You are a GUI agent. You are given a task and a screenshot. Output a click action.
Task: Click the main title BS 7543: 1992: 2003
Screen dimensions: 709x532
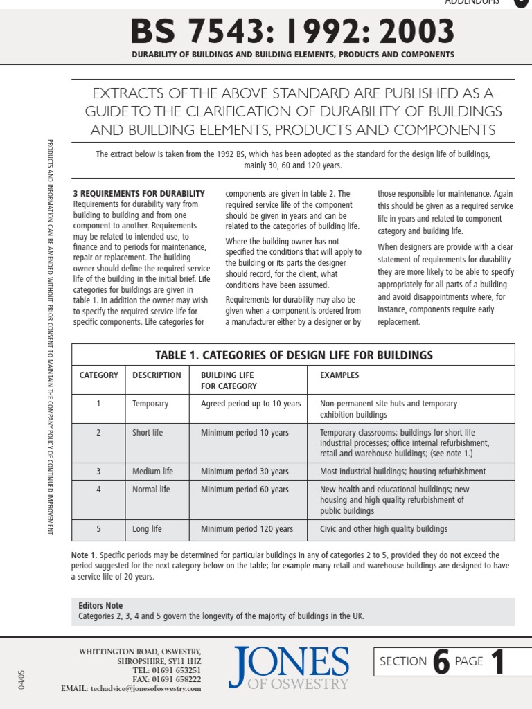pos(293,30)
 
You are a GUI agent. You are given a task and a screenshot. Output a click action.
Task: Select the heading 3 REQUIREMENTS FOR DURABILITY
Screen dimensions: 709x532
pos(139,194)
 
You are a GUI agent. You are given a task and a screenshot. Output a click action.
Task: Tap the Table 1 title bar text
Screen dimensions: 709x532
pos(293,355)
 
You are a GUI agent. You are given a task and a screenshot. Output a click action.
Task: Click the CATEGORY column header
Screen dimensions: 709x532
pos(98,375)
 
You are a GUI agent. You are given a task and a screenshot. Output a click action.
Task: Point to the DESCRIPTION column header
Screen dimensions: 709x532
pos(157,375)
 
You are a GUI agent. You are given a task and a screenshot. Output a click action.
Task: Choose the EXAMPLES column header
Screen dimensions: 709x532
pos(339,375)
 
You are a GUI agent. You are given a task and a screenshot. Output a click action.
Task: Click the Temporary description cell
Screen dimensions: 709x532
pos(150,404)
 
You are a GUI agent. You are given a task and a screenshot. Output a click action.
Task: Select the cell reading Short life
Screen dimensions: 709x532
pos(148,433)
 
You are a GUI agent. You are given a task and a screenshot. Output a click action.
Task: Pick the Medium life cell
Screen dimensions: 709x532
pos(152,472)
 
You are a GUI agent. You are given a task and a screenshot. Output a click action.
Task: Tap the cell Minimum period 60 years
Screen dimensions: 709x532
pos(245,490)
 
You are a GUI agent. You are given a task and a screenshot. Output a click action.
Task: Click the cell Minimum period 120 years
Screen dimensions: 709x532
pos(247,529)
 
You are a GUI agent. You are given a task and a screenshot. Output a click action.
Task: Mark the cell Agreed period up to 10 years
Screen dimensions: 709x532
pos(251,404)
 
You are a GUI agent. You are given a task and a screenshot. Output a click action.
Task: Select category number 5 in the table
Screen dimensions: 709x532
pos(98,529)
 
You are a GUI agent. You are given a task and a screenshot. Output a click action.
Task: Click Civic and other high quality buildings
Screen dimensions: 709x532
pos(384,529)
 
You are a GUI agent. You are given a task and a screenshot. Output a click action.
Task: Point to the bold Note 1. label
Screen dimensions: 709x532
pos(85,555)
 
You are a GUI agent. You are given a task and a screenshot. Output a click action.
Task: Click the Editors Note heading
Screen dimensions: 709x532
pos(100,605)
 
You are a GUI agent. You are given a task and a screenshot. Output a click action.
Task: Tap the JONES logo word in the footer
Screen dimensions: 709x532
pos(291,663)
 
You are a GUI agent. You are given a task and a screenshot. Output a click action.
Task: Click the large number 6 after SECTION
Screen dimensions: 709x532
pos(441,663)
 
